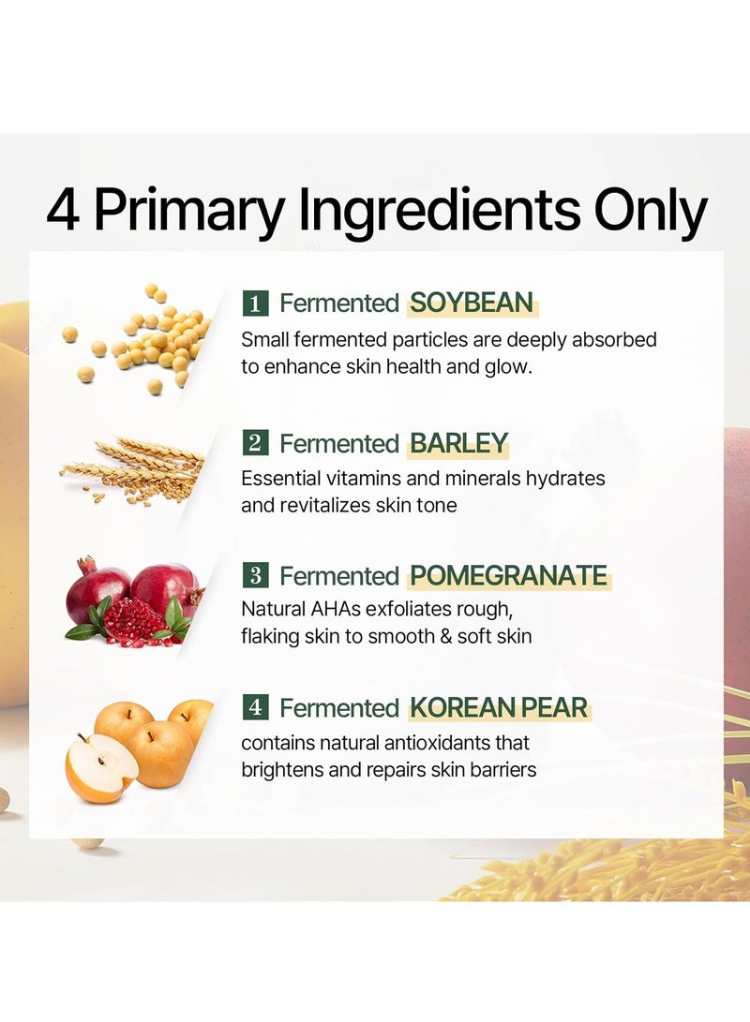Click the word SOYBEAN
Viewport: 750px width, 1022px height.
pos(472,304)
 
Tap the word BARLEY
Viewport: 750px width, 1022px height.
pos(458,444)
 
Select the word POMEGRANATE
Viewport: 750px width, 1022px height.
pos(509,576)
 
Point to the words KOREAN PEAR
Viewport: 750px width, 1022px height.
pos(499,708)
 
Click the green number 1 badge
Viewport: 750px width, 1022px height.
pos(255,304)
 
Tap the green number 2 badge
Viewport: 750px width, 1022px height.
pos(255,443)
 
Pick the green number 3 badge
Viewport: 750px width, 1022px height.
pos(255,575)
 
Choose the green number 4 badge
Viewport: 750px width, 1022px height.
pos(255,707)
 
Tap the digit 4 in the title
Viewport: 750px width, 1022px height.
pos(63,209)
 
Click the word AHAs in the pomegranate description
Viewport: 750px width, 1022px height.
pos(336,610)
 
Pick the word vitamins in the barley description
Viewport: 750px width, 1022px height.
pos(363,479)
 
